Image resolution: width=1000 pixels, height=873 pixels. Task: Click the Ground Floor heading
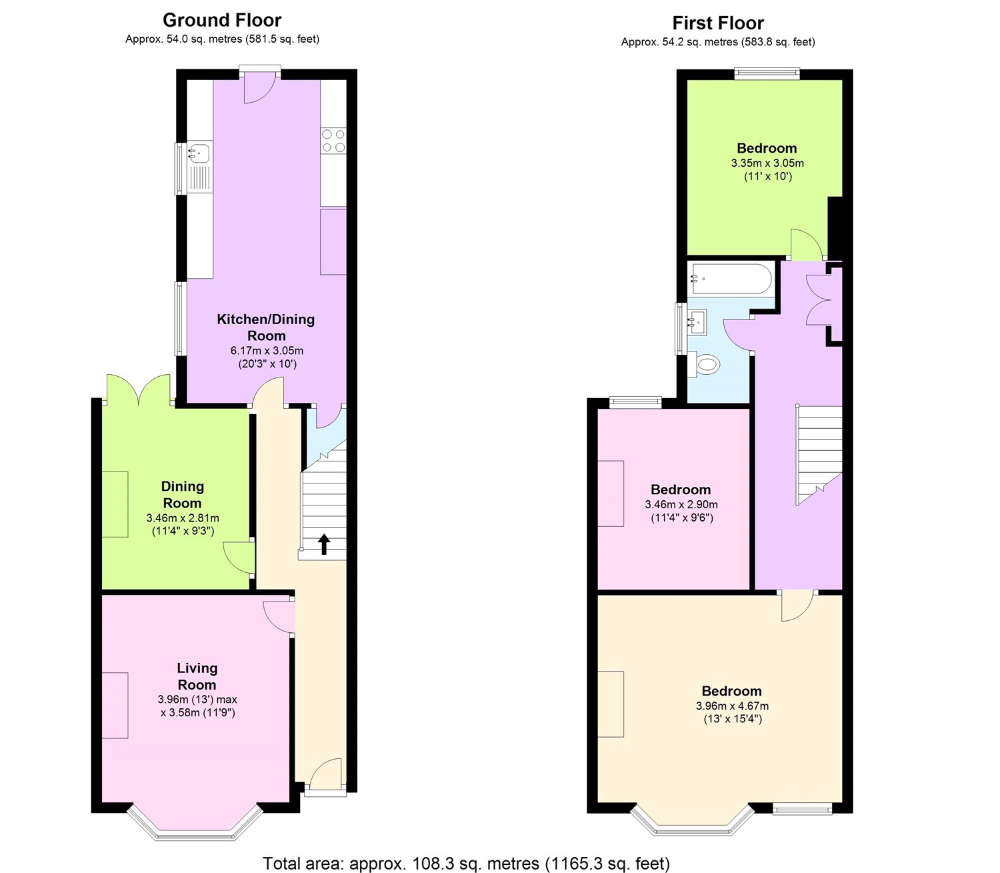[222, 20]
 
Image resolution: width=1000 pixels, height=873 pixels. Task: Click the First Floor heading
[717, 23]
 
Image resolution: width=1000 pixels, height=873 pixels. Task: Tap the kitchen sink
[198, 154]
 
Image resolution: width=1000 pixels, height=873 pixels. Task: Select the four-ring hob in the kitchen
[333, 141]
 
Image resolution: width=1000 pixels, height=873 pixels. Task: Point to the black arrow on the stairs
[324, 544]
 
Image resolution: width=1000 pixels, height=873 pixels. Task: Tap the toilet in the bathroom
[705, 365]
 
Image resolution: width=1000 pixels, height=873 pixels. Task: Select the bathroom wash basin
[697, 323]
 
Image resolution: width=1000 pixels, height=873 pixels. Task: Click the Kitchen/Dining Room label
[266, 327]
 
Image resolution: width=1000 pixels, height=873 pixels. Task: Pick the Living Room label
[197, 676]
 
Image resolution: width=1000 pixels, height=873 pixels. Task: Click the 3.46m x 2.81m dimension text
[182, 518]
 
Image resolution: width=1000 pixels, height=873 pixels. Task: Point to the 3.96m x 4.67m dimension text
[731, 706]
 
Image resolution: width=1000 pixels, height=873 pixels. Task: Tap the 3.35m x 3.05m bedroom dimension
[767, 163]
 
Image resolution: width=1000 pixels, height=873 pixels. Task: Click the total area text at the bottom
[466, 864]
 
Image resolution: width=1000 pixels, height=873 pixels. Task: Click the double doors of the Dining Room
[139, 391]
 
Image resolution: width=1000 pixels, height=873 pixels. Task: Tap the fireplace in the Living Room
[115, 705]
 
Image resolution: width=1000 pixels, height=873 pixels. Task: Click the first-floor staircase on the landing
[819, 454]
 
